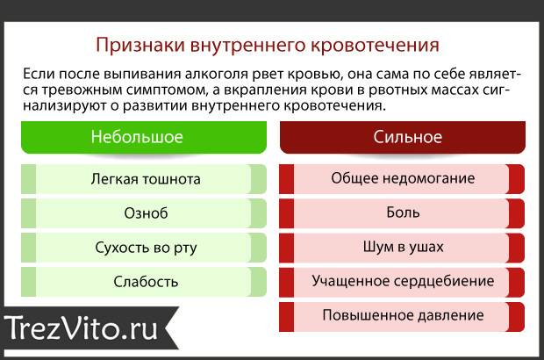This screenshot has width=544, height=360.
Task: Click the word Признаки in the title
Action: coord(140,45)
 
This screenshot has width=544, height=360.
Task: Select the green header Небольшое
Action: coord(144,137)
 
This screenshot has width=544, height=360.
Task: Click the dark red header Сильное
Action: coord(403,137)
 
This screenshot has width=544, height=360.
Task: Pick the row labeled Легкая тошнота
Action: coord(144,179)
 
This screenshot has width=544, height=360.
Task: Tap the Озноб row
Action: coord(144,213)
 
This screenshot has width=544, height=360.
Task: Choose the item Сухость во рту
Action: coord(144,248)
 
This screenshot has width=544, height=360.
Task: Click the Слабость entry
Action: coord(144,282)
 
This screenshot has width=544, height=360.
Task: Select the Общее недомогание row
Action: coord(402,179)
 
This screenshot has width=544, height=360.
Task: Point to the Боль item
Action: coord(402,213)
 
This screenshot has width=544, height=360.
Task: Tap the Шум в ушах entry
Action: coord(402,248)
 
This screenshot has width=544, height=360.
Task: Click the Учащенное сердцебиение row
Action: coord(402,282)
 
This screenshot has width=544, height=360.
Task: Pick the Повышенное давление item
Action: coord(402,316)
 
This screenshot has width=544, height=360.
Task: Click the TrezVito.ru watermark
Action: coord(82,328)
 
